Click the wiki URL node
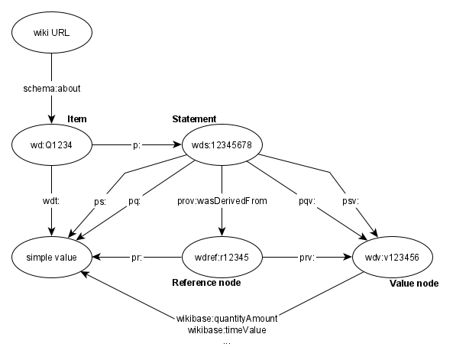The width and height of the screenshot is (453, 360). [x=52, y=32]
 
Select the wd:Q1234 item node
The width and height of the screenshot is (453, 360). [x=52, y=145]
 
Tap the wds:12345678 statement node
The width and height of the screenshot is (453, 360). [x=222, y=145]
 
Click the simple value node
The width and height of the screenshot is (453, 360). [x=52, y=257]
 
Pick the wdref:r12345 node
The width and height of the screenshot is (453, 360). [x=222, y=257]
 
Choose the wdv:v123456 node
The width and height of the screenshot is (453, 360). [x=393, y=257]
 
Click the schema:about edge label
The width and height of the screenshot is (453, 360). [x=52, y=89]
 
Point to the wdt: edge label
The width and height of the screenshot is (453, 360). [x=51, y=201]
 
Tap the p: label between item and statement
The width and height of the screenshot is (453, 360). [x=137, y=145]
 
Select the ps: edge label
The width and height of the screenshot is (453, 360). [x=100, y=202]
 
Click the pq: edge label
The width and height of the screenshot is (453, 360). [x=134, y=201]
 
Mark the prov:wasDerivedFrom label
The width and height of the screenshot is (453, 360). [x=222, y=201]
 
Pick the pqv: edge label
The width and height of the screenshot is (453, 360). [x=307, y=201]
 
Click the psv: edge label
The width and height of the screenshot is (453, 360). [x=351, y=201]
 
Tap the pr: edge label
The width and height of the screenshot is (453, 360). [x=137, y=258]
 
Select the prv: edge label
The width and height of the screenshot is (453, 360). [x=307, y=258]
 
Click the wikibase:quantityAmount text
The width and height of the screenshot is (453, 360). [x=227, y=319]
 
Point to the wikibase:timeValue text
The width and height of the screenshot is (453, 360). [x=227, y=330]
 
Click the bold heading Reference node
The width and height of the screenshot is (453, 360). [x=206, y=283]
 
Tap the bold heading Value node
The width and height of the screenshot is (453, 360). [x=414, y=284]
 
